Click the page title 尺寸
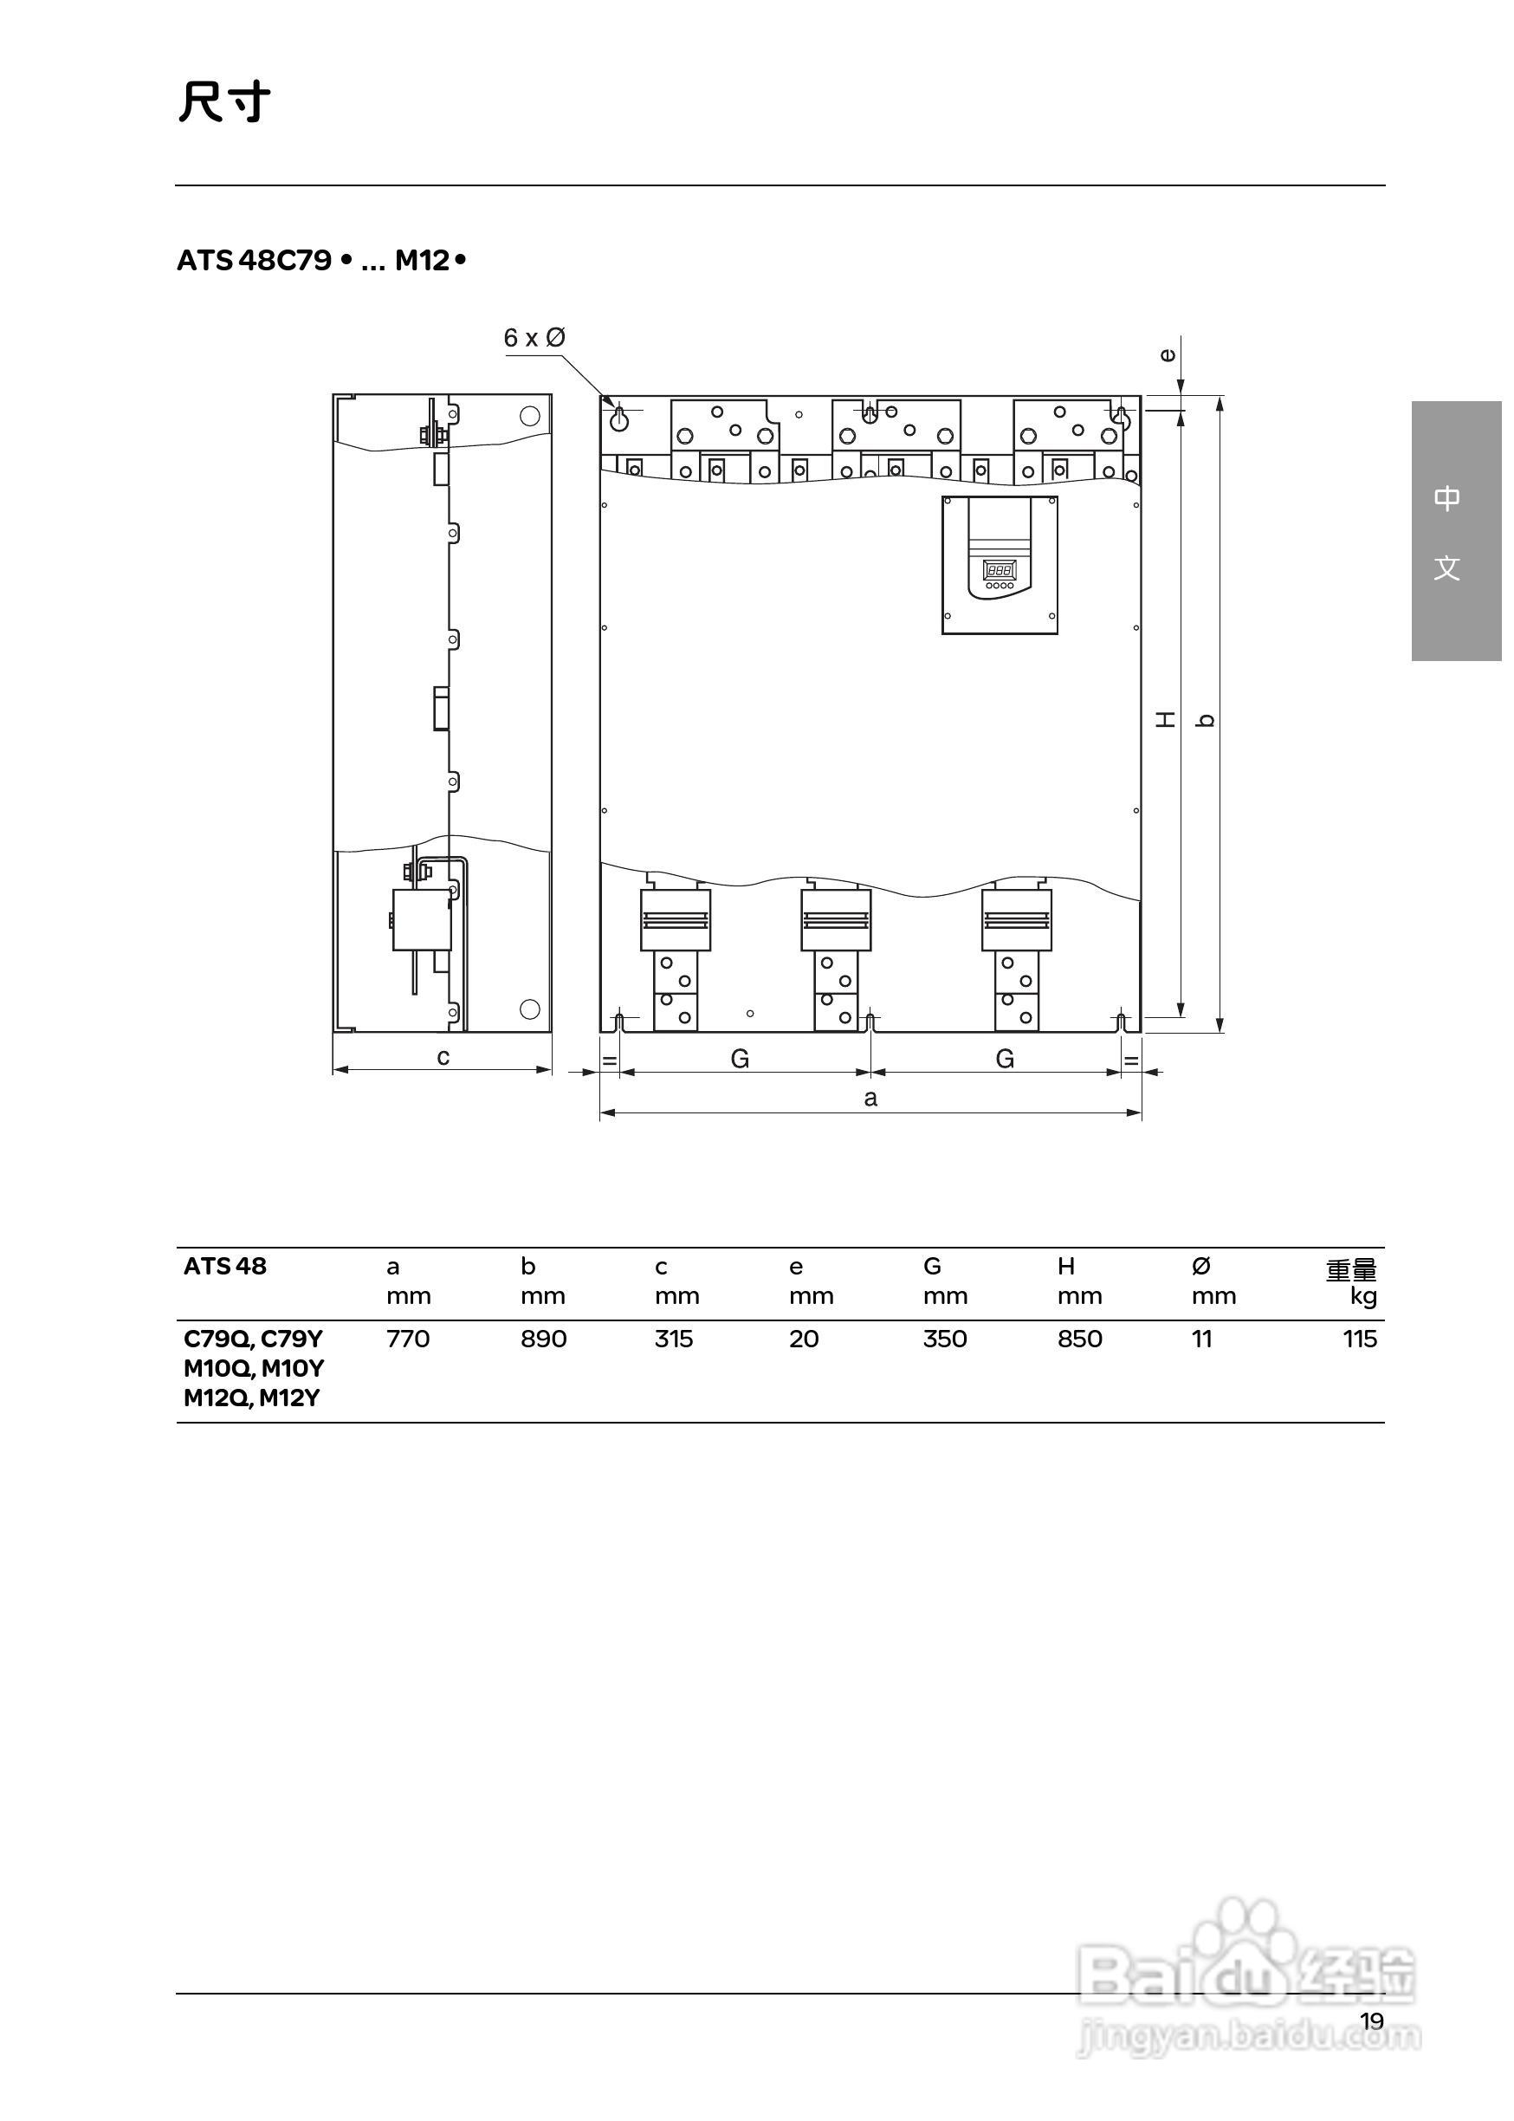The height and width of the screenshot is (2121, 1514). tap(224, 103)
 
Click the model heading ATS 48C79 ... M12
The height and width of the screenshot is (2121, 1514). tap(320, 261)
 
